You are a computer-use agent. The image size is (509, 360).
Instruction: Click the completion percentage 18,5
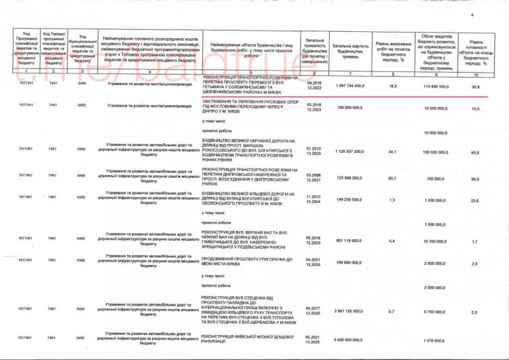[392, 86]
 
